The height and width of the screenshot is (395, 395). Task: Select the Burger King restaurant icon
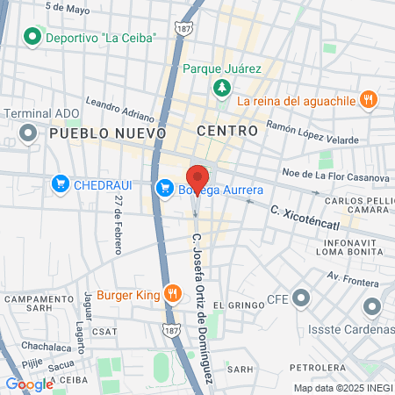(x=174, y=294)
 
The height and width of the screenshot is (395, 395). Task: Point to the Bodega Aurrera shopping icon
(x=164, y=188)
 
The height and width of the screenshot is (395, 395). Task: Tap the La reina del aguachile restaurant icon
(x=369, y=100)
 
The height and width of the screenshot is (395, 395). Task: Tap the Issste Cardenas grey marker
(x=371, y=307)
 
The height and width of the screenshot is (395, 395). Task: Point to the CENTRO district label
(x=227, y=131)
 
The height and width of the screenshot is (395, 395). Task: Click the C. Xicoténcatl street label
(x=305, y=212)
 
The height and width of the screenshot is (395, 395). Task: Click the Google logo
(x=29, y=384)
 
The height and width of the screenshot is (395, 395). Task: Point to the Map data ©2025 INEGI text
(x=342, y=388)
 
